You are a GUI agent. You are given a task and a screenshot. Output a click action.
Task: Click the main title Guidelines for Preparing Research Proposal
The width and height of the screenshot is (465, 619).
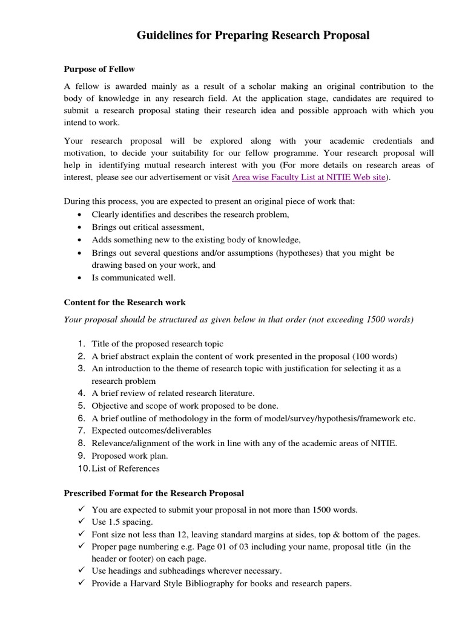(x=252, y=36)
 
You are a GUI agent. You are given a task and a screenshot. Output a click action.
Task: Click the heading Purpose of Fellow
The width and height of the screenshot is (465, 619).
(x=99, y=69)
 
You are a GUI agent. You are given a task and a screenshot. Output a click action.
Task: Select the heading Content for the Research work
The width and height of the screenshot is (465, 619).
(x=125, y=302)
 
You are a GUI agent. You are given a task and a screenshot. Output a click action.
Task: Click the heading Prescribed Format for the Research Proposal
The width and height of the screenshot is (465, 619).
(x=154, y=493)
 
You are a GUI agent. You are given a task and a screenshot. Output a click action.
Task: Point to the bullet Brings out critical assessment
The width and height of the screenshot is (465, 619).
(x=148, y=227)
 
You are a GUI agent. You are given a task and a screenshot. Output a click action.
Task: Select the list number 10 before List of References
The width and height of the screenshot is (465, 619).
(x=82, y=468)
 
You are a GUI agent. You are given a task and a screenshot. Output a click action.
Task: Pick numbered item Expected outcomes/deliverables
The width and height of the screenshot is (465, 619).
(x=151, y=430)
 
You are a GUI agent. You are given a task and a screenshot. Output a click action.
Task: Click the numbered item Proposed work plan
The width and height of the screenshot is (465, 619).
(x=130, y=455)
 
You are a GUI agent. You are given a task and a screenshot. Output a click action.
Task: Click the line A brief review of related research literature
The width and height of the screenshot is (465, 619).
(x=173, y=393)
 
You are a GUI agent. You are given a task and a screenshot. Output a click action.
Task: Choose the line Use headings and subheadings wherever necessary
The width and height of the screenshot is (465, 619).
(x=186, y=571)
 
